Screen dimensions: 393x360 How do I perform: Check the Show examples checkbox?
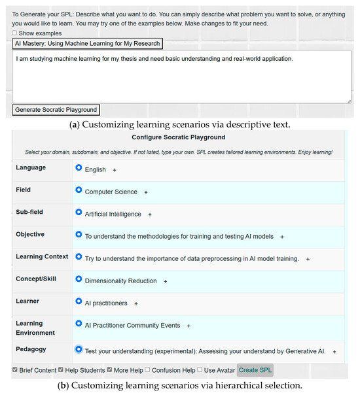click(x=15, y=33)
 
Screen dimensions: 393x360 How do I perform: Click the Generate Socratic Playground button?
click(x=56, y=110)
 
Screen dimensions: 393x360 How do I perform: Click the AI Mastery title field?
click(x=87, y=43)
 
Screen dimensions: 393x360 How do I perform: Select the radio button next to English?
click(x=79, y=168)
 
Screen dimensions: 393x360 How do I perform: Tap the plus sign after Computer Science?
click(x=146, y=192)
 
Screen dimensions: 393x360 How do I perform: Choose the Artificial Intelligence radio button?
click(x=79, y=213)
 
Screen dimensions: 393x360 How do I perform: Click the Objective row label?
click(x=30, y=234)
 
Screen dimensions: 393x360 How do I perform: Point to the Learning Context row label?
click(x=42, y=256)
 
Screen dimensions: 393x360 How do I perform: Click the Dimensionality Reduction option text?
click(x=121, y=281)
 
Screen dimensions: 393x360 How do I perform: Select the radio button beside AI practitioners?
click(x=79, y=302)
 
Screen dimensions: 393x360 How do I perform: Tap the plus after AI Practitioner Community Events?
click(x=189, y=326)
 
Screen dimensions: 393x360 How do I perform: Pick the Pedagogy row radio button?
click(x=79, y=349)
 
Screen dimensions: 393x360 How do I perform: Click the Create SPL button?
click(x=255, y=370)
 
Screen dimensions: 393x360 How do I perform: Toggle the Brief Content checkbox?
click(x=16, y=369)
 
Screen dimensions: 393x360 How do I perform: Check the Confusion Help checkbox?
click(x=148, y=369)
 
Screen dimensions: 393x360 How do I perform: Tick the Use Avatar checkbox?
click(x=200, y=369)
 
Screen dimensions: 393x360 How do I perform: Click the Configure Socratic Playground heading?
click(x=178, y=137)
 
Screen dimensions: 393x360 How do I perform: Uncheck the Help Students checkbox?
click(x=61, y=369)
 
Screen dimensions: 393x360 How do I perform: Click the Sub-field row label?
click(x=30, y=212)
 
